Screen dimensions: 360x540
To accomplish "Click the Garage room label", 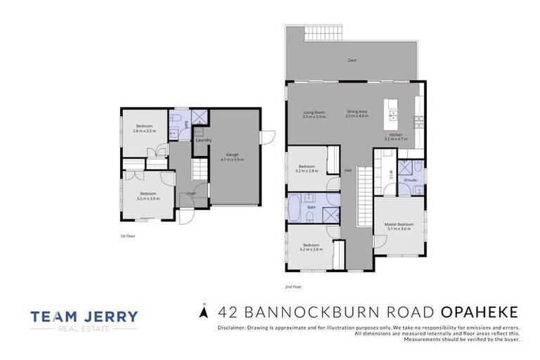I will pyautogui.click(x=233, y=154).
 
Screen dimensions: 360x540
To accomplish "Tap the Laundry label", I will pyautogui.click(x=204, y=140).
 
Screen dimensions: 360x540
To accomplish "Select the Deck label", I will pyautogui.click(x=352, y=60).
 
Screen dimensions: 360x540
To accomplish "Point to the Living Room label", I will pyautogui.click(x=314, y=112).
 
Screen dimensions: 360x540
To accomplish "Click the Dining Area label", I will pyautogui.click(x=356, y=112).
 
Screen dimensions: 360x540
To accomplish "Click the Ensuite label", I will pyautogui.click(x=411, y=180).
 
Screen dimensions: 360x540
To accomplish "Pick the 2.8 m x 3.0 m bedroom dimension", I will pyautogui.click(x=146, y=130).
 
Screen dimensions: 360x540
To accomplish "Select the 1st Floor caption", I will pyautogui.click(x=127, y=236).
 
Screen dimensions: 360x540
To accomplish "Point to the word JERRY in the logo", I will pyautogui.click(x=112, y=316).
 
